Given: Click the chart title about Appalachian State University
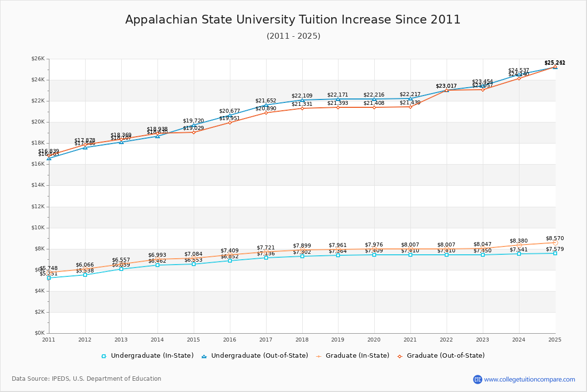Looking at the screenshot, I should pyautogui.click(x=293, y=20).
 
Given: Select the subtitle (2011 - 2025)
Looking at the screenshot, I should pyautogui.click(x=293, y=36).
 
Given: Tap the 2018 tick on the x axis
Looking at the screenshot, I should pyautogui.click(x=302, y=339).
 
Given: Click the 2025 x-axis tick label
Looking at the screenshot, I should pyautogui.click(x=555, y=339).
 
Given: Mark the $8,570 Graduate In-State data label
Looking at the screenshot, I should pyautogui.click(x=555, y=238).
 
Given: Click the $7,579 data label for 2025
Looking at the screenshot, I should pyautogui.click(x=555, y=249).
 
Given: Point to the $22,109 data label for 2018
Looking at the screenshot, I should pyautogui.click(x=302, y=96).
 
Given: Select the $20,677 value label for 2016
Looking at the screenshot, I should pyautogui.click(x=229, y=111).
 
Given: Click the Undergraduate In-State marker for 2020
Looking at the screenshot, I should pyautogui.click(x=374, y=255).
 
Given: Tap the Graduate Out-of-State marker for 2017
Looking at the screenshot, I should pyautogui.click(x=266, y=113).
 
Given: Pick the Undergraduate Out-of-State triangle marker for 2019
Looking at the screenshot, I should pyautogui.click(x=338, y=99).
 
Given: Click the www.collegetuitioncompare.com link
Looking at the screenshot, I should pyautogui.click(x=529, y=379).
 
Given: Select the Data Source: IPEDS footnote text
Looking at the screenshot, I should pyautogui.click(x=87, y=379).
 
